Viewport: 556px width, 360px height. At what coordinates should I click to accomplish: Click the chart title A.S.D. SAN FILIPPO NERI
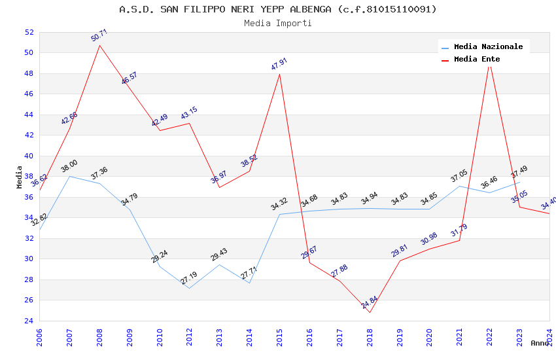[x=278, y=9]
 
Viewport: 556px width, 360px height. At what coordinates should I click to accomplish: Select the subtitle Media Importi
[x=278, y=23]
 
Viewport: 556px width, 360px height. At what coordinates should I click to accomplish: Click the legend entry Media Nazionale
[x=488, y=47]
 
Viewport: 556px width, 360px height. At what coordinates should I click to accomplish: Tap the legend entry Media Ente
[x=477, y=59]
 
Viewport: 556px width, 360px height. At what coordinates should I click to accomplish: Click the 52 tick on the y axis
[x=29, y=32]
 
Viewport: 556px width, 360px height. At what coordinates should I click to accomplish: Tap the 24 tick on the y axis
[x=29, y=321]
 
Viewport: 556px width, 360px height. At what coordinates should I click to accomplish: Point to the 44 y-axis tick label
[x=29, y=115]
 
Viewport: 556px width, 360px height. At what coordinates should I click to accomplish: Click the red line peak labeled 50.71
[x=99, y=45]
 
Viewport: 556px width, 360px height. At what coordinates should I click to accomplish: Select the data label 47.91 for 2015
[x=279, y=64]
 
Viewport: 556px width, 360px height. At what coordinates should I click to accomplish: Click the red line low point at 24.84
[x=370, y=312]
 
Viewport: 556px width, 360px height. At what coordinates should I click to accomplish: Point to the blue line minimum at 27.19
[x=190, y=288]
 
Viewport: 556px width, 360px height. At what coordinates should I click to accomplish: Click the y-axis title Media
[x=20, y=177]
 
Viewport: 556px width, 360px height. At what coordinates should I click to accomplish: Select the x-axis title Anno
[x=540, y=343]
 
